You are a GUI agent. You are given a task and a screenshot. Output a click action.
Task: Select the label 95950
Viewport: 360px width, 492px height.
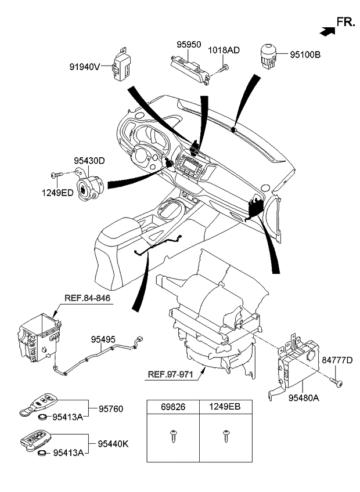coord(189,44)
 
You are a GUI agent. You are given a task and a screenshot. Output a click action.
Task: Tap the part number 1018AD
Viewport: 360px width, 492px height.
coord(224,51)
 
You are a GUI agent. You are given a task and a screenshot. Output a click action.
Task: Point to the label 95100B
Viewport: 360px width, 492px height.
coord(305,56)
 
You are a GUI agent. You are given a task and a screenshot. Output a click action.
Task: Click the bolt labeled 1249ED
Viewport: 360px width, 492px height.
coord(57,174)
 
